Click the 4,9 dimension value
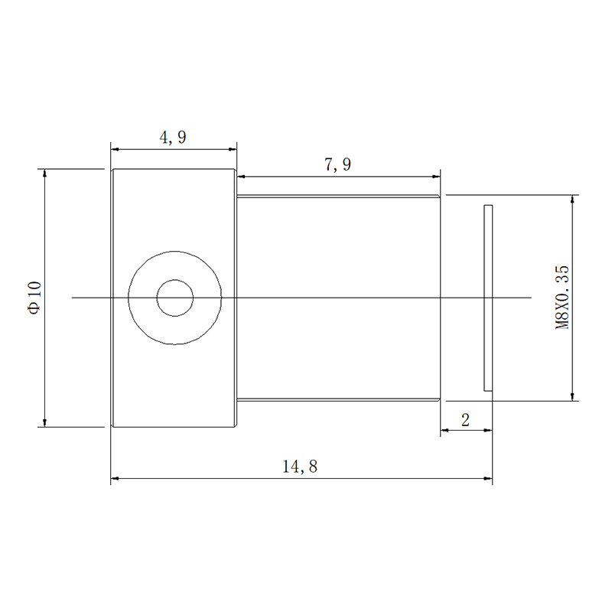(173, 138)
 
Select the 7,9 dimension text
(337, 164)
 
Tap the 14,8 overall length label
(300, 467)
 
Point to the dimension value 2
(465, 420)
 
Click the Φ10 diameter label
(34, 298)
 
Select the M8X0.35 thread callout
(562, 298)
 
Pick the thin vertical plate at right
(488, 298)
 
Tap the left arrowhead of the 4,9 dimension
(115, 149)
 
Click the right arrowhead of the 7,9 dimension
(436, 177)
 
